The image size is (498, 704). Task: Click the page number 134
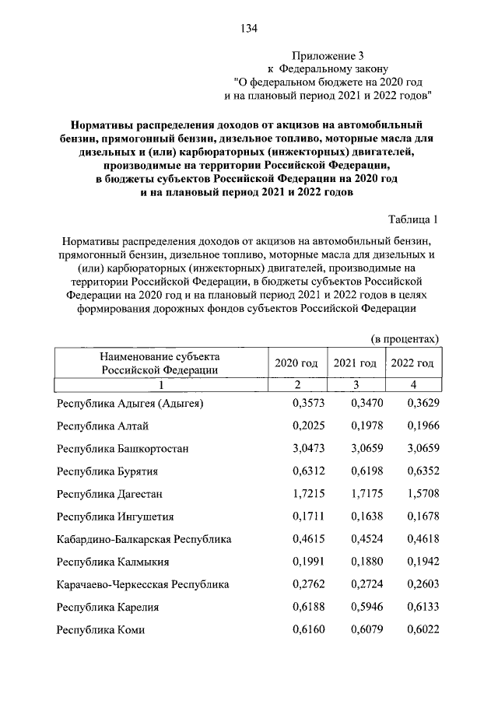(x=249, y=29)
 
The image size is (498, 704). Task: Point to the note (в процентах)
(x=405, y=338)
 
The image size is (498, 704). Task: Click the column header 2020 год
(x=296, y=363)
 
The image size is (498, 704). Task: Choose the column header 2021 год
(x=355, y=363)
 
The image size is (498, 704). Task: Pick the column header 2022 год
(x=412, y=363)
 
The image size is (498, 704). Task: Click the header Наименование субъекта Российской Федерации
(x=160, y=363)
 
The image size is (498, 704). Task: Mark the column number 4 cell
(x=413, y=385)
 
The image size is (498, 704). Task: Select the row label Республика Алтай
(x=103, y=426)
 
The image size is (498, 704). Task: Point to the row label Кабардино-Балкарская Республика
(x=144, y=539)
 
